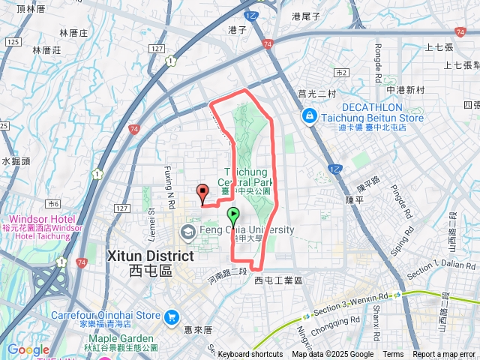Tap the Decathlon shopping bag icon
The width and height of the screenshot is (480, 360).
tap(309, 117)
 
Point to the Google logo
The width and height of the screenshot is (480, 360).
tap(28, 349)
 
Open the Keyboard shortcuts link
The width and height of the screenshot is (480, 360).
tap(250, 355)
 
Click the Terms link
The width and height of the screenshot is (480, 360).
tap(393, 355)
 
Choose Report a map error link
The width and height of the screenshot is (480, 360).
tap(444, 355)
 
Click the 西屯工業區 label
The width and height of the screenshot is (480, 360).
tap(277, 280)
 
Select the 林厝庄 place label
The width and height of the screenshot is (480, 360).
tap(73, 34)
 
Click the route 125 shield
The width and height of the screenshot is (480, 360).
tap(12, 41)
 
